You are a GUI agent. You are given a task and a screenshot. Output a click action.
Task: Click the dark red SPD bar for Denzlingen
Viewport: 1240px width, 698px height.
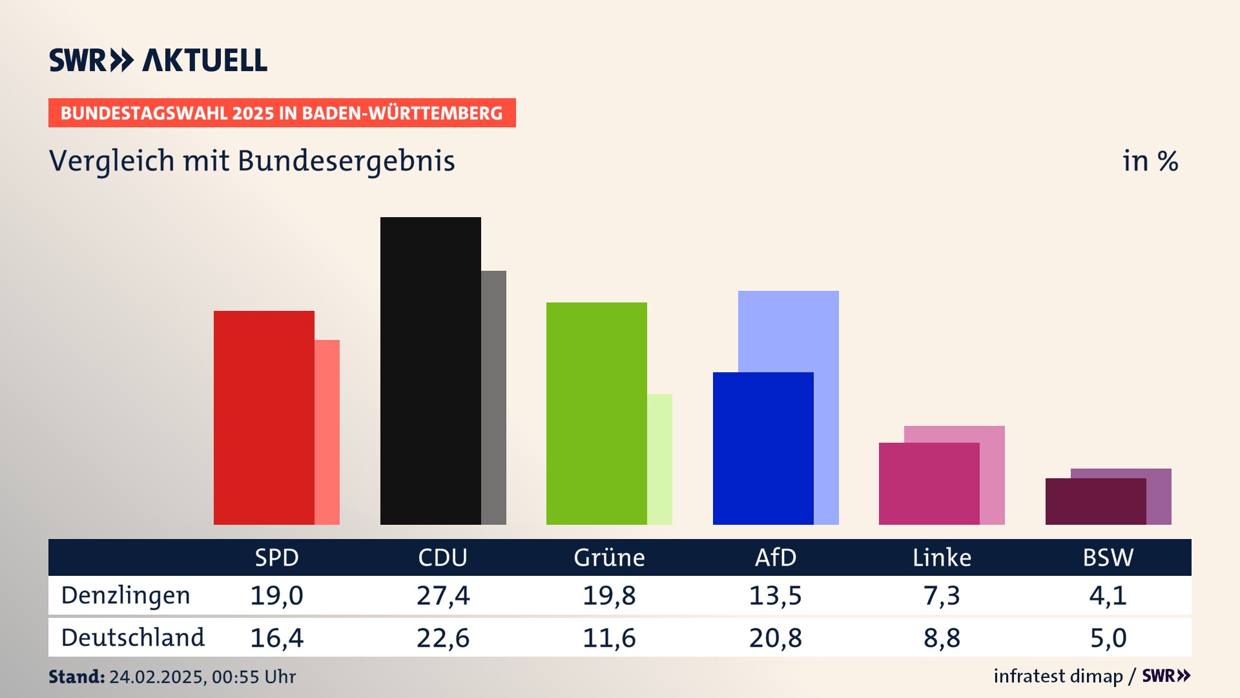(263, 418)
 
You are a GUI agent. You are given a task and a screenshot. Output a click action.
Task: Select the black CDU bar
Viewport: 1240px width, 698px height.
(430, 371)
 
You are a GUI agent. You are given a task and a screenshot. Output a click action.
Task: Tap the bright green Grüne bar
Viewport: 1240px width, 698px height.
(596, 414)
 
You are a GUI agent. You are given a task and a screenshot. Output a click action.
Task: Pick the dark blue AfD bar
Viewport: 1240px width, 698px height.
(763, 449)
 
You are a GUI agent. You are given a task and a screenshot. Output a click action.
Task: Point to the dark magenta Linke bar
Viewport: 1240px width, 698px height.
(929, 483)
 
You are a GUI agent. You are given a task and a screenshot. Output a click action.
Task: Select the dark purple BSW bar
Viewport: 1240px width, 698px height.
(1095, 502)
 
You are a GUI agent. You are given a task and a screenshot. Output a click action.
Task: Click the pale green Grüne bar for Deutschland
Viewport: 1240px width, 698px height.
(659, 460)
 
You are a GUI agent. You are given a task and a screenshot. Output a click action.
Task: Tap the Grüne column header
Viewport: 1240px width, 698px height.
(609, 558)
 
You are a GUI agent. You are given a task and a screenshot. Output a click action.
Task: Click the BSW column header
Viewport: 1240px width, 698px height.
(1108, 558)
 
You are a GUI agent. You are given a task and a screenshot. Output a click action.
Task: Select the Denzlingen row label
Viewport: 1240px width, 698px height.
(125, 595)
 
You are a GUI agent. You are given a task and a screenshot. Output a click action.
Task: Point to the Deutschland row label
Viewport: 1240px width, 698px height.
(132, 638)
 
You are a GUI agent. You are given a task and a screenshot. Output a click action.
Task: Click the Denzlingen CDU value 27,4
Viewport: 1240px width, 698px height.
(443, 595)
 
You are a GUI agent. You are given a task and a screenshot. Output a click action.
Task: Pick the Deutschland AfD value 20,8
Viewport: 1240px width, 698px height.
(775, 638)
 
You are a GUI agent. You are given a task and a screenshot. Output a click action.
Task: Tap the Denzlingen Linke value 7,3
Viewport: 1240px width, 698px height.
(942, 595)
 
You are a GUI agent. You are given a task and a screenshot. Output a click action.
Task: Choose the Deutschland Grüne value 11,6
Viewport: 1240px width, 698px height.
(609, 638)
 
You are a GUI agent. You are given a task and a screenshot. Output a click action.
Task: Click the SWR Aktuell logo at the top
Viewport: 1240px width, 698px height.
(158, 60)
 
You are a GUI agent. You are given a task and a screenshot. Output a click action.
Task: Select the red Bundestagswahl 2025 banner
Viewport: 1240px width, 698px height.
(282, 113)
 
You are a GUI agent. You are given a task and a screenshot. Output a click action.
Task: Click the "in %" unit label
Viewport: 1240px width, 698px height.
(1150, 161)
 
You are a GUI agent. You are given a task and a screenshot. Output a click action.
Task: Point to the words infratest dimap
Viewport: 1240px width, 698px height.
(1058, 676)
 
